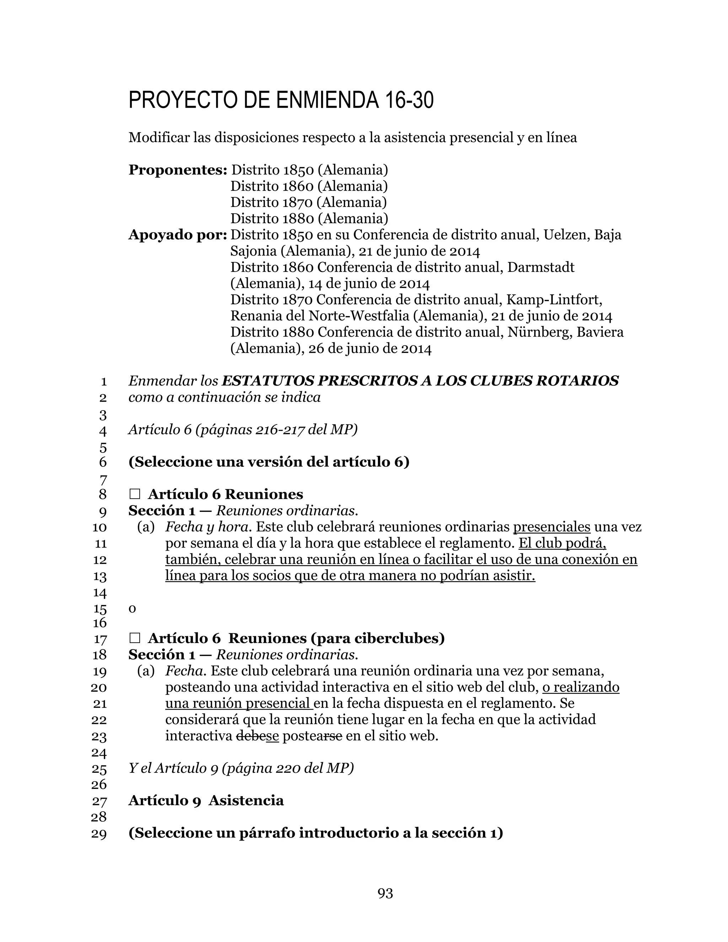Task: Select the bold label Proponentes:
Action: tap(178, 170)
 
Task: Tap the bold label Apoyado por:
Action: tap(178, 235)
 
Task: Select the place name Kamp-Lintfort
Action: tap(554, 300)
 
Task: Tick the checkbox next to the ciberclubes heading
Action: tap(135, 638)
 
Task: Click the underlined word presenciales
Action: tap(552, 527)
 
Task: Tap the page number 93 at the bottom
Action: tap(385, 893)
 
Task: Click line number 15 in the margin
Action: tap(100, 609)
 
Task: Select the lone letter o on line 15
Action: tap(132, 609)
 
